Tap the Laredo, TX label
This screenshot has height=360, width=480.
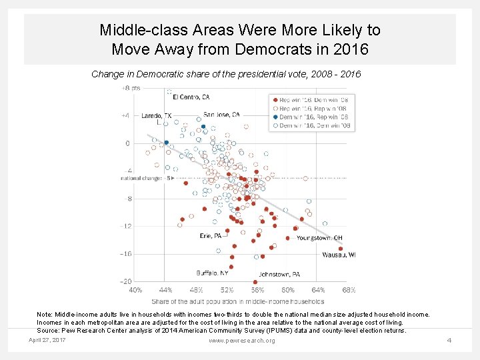point(156,115)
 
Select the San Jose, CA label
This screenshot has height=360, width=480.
point(221,115)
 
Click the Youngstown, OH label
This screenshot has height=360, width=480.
point(319,237)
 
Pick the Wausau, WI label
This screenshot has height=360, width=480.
point(339,255)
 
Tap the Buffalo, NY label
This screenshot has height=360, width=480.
point(212,273)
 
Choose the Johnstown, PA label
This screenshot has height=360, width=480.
point(279,274)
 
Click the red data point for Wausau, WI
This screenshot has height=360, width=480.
point(341,249)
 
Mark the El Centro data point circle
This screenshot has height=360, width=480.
point(169,92)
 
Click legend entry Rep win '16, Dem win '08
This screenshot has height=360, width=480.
point(310,99)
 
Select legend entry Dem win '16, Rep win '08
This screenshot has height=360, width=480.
point(310,117)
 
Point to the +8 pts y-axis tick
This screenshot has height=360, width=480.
point(130,88)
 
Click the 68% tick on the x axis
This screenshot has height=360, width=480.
point(348,290)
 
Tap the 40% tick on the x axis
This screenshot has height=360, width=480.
point(135,290)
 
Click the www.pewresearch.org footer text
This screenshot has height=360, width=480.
point(241,341)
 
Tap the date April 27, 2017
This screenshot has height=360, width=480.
point(47,340)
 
